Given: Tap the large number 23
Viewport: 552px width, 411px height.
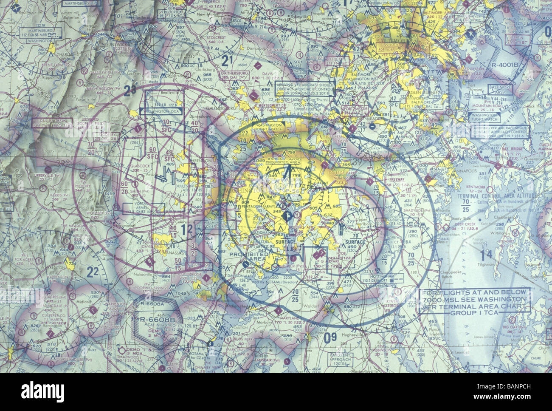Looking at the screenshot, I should point(117,89).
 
